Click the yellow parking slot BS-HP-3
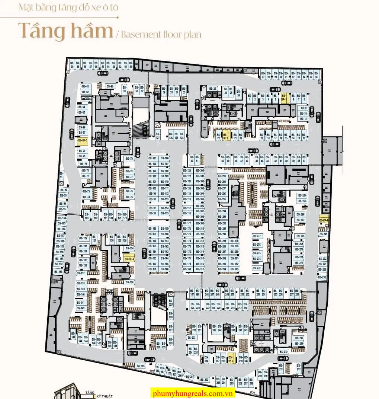pos(82,141)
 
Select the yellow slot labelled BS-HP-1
pos(285,98)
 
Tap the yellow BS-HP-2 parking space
pos(225,136)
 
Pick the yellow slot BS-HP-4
pos(129,259)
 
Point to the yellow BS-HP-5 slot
pos(231,359)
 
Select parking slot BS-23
pos(213,89)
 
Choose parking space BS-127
pos(158,135)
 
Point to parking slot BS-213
pos(283,352)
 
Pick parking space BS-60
pos(110,86)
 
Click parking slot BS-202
pos(204,380)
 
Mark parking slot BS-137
pos(81,273)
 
